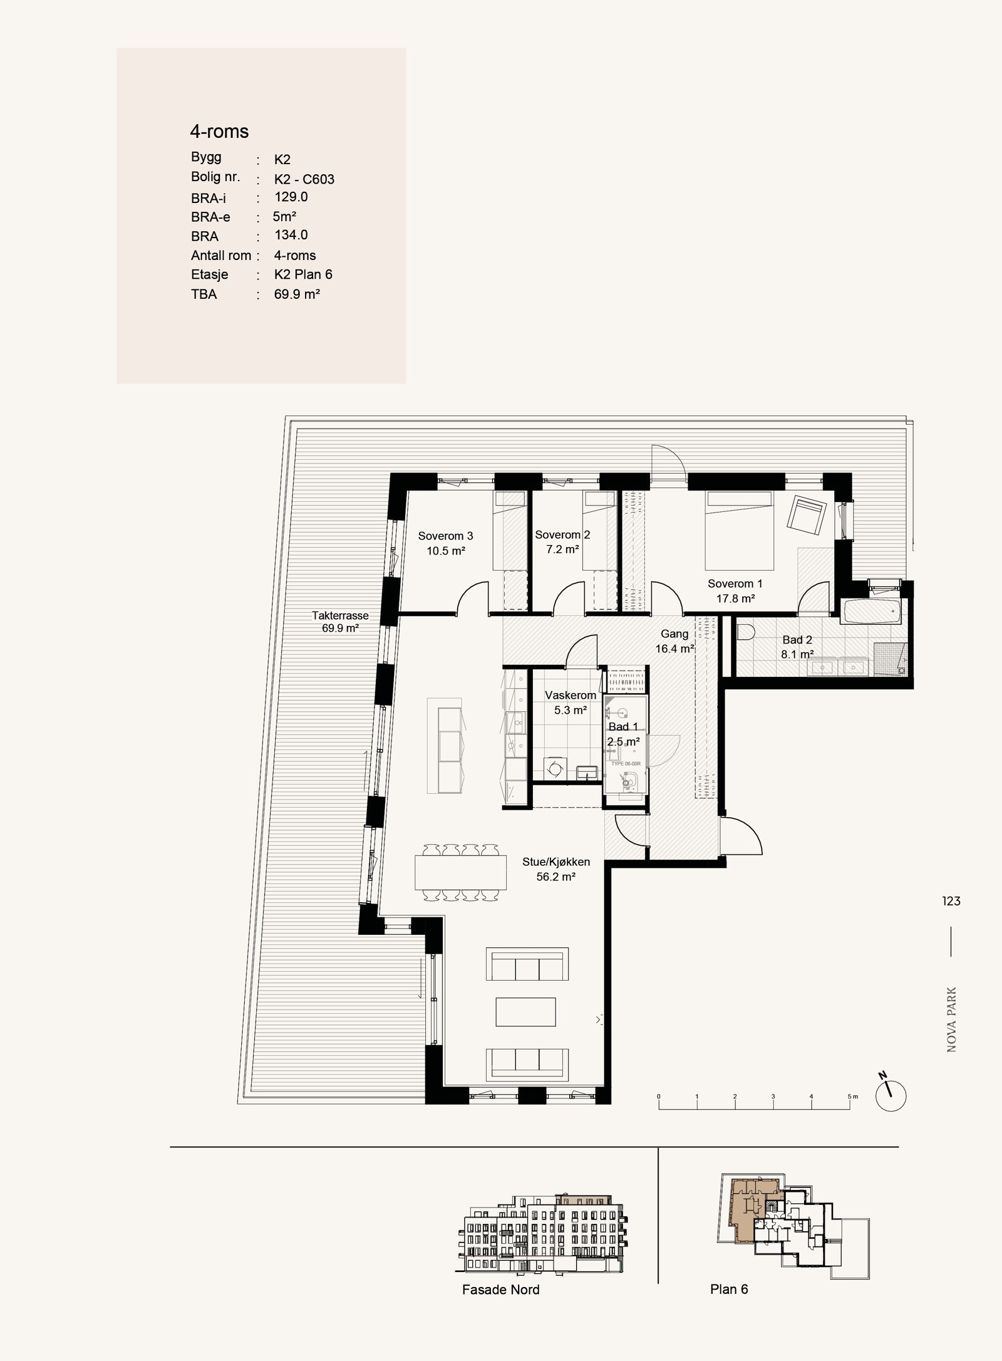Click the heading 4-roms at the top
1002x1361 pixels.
[x=219, y=132]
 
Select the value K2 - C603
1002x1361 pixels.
[x=304, y=179]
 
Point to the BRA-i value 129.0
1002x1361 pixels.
[x=291, y=197]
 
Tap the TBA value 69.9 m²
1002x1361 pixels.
[x=297, y=294]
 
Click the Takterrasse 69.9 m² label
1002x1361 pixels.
[x=340, y=622]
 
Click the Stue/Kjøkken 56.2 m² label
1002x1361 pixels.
[x=555, y=869]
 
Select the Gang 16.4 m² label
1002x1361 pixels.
[x=674, y=641]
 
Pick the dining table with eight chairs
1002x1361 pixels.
[x=460, y=872]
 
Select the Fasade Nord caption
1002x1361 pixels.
[x=500, y=1290]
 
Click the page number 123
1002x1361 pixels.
[x=951, y=901]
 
